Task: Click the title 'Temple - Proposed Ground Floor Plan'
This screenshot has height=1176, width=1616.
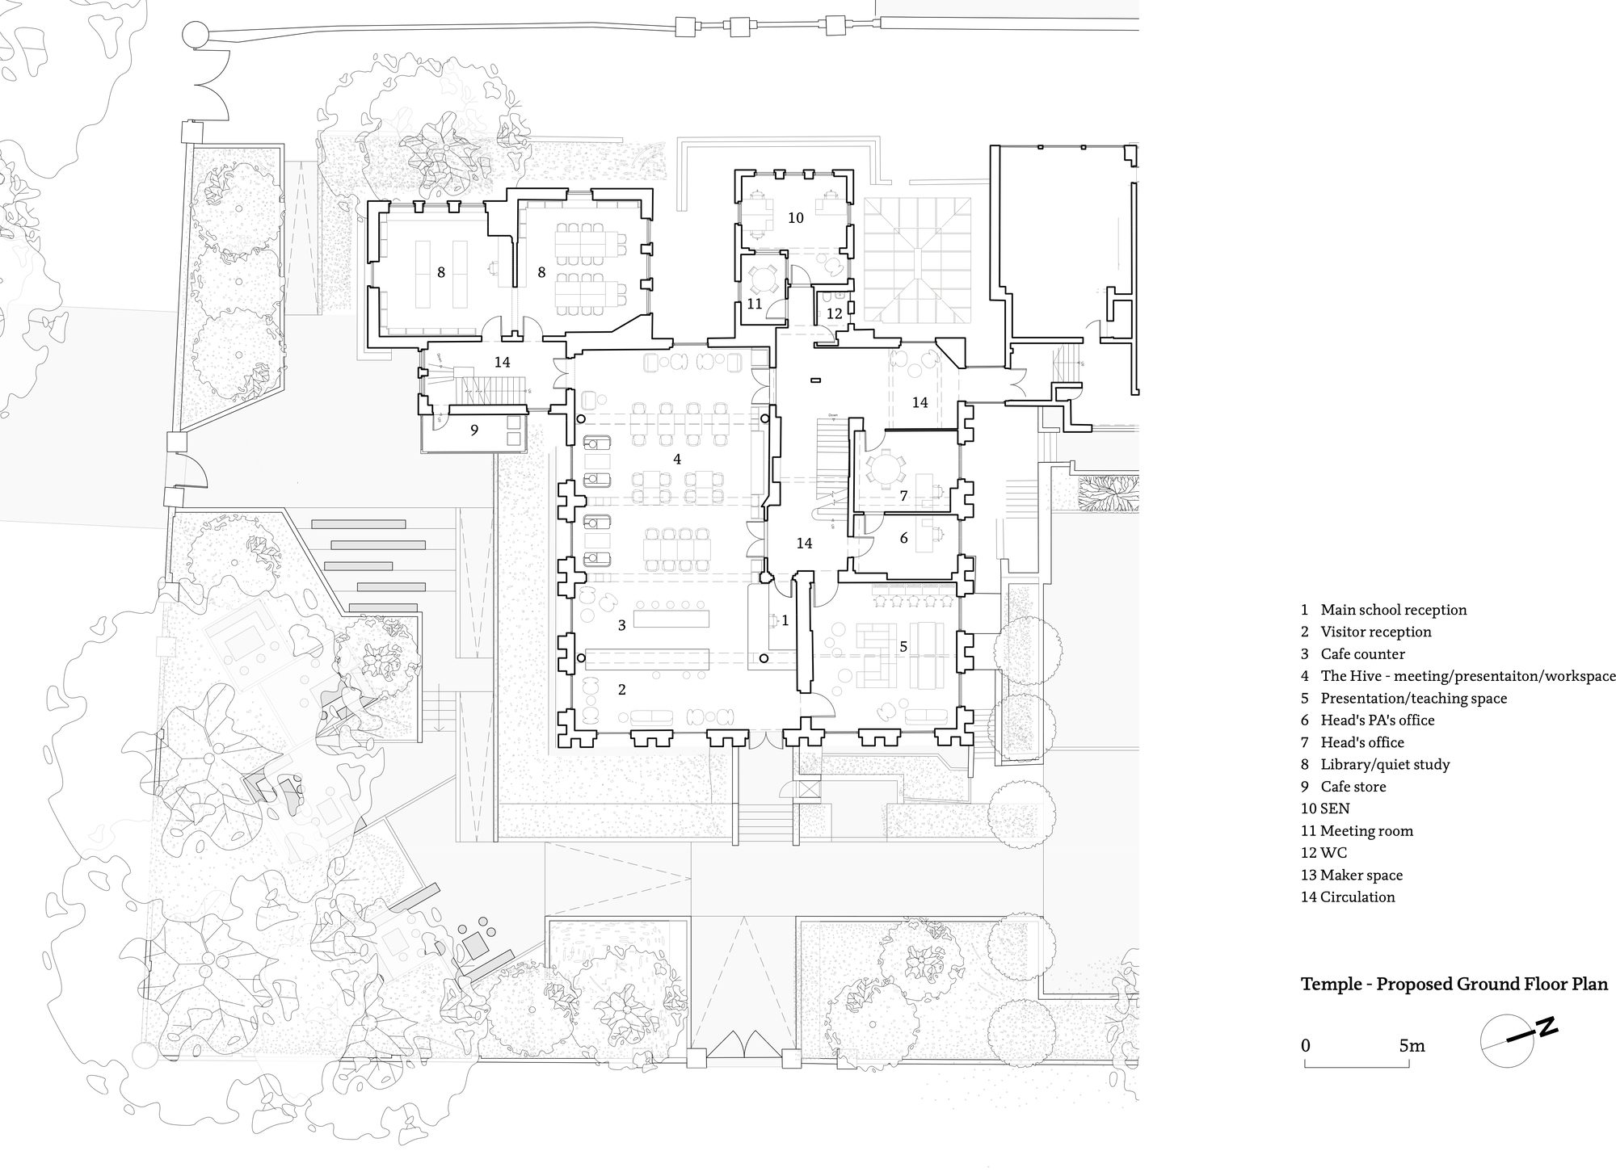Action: (x=1454, y=985)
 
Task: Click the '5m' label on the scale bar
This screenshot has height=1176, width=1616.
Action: (x=1412, y=1046)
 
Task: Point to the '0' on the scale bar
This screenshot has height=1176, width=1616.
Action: (x=1306, y=1046)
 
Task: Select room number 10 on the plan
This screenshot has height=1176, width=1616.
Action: (x=796, y=218)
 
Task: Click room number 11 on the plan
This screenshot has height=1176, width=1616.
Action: (x=755, y=304)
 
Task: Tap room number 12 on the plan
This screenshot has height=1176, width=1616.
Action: (x=835, y=313)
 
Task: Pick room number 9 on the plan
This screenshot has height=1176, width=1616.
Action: (x=474, y=430)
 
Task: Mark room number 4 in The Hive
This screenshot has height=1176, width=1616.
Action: (x=677, y=460)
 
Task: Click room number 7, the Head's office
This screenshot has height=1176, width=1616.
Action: (x=903, y=495)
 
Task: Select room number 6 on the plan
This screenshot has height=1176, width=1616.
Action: (x=903, y=538)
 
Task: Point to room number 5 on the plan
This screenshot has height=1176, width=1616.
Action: (x=903, y=646)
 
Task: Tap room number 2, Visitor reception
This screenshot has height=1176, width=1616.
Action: (x=621, y=690)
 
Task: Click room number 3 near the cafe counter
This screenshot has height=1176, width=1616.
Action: (x=621, y=625)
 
